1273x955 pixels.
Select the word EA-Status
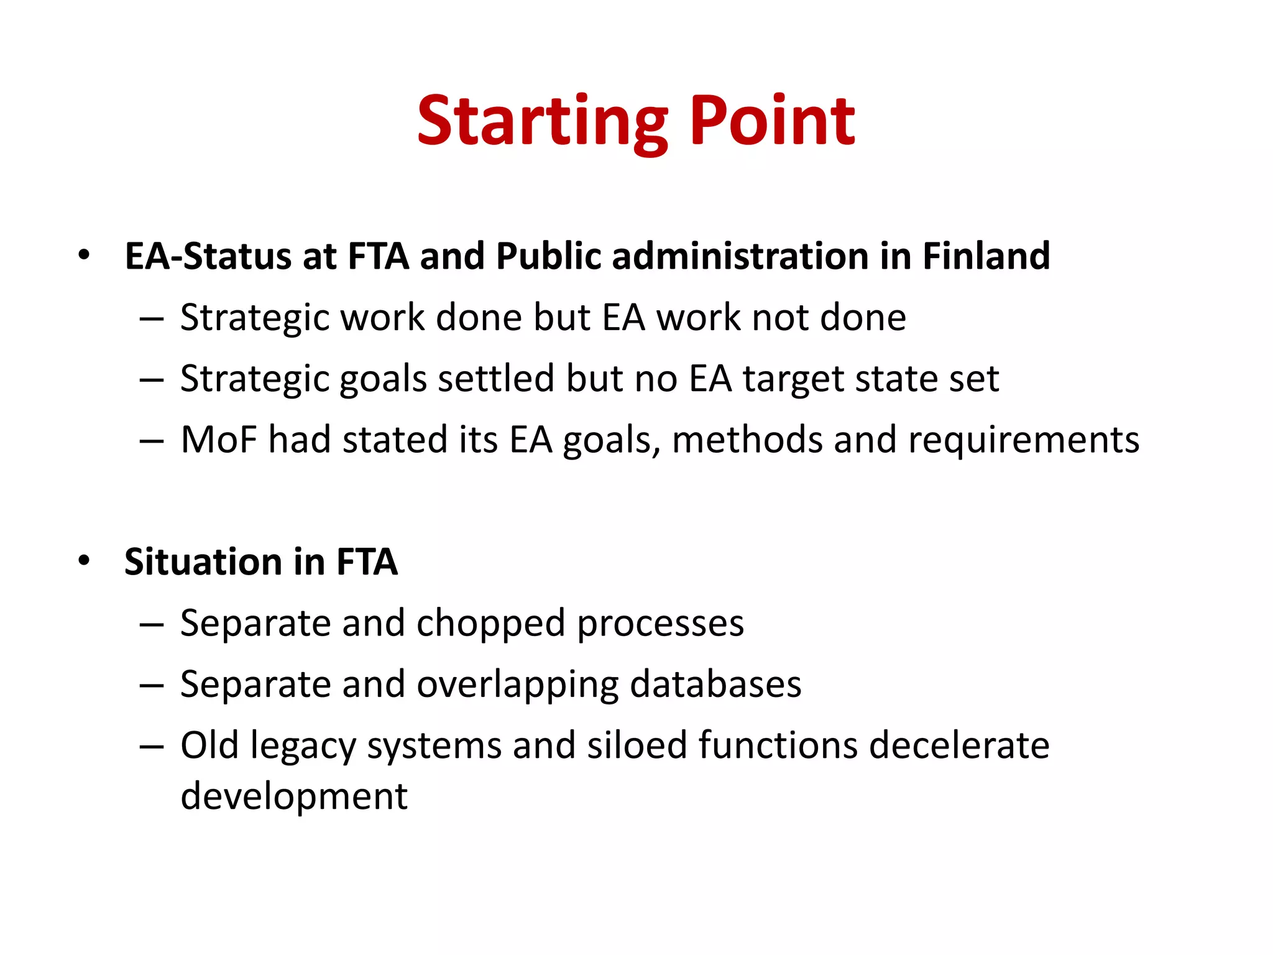[208, 256]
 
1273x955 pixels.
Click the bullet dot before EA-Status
[84, 256]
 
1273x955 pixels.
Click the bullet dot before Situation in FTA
[84, 561]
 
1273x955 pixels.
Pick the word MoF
[218, 440]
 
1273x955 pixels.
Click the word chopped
[491, 624]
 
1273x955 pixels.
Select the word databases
[715, 684]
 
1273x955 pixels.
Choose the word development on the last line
[294, 796]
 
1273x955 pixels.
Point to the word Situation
[203, 562]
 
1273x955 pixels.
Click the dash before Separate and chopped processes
[151, 624]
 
